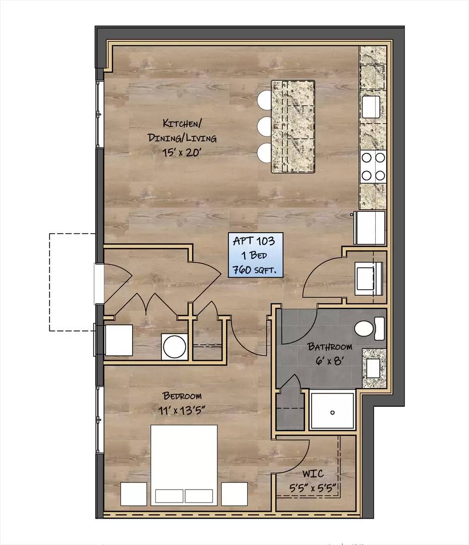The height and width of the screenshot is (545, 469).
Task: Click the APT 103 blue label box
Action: pos(255,255)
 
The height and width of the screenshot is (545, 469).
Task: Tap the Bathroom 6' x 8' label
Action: pos(330,353)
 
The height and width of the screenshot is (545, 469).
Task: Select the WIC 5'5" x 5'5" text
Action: pos(313,481)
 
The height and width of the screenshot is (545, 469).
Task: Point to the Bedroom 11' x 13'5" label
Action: pos(182,403)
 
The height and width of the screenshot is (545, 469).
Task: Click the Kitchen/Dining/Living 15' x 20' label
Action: pos(182,138)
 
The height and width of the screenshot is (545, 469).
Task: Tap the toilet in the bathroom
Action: pos(369,329)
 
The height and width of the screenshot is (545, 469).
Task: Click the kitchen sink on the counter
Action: pos(371,107)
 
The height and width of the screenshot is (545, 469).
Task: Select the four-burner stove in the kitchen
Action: pos(373,167)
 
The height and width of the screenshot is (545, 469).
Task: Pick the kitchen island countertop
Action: pos(293,127)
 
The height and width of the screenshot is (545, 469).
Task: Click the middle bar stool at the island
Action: pos(265,127)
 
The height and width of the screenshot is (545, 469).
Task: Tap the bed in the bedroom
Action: pos(184,465)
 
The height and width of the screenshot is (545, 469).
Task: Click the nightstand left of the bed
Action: pos(134,494)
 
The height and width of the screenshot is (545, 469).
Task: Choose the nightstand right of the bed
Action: pos(234,494)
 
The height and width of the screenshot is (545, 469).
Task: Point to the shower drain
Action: pos(332,413)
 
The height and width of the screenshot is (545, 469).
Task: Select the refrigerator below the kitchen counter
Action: pos(370,228)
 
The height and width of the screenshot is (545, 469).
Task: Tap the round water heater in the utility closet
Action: pos(175,347)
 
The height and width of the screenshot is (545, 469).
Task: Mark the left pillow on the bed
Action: pos(169,496)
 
